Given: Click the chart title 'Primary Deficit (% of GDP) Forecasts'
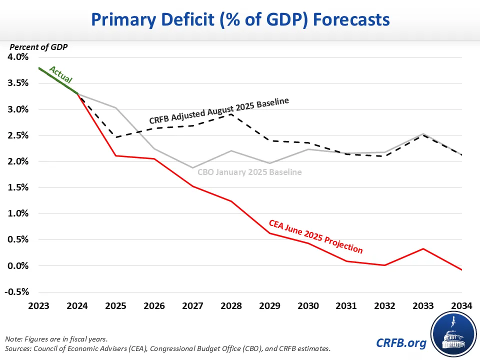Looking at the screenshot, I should pyautogui.click(x=240, y=20).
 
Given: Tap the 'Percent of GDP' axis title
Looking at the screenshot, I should pyautogui.click(x=38, y=47).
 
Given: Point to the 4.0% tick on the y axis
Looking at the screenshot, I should pyautogui.click(x=18, y=57).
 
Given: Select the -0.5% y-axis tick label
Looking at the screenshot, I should pyautogui.click(x=17, y=292).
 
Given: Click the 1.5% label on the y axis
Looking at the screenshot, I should pyautogui.click(x=18, y=187).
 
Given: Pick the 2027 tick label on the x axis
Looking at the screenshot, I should pyautogui.click(x=192, y=305).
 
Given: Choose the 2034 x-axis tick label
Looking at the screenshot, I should pyautogui.click(x=461, y=305).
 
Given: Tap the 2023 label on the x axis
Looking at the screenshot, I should pyautogui.click(x=39, y=305).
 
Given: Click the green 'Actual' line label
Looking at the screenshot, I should pyautogui.click(x=61, y=74).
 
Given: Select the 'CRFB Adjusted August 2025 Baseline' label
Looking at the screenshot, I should pyautogui.click(x=219, y=111).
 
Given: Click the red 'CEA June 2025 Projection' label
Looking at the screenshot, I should pyautogui.click(x=316, y=235).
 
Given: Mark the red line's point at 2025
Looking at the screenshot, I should pyautogui.click(x=115, y=155).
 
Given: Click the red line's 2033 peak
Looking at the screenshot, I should pyautogui.click(x=423, y=248).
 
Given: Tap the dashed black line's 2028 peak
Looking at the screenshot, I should pyautogui.click(x=231, y=114).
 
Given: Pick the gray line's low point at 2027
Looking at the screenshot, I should pyautogui.click(x=192, y=167).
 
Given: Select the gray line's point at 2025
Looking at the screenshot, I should pyautogui.click(x=115, y=107).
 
